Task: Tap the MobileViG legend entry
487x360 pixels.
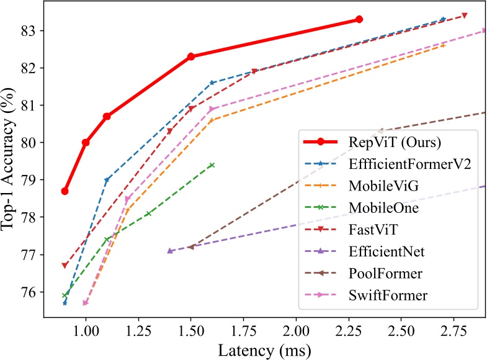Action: click(383, 186)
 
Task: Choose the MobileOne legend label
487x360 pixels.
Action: click(383, 208)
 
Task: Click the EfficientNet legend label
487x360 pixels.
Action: click(387, 251)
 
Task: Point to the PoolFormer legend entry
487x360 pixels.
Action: click(385, 274)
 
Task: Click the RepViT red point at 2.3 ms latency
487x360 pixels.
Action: click(359, 19)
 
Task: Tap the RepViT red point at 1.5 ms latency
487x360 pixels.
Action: click(190, 56)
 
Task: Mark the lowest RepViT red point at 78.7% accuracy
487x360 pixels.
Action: click(65, 191)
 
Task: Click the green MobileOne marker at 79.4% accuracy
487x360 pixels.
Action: click(212, 165)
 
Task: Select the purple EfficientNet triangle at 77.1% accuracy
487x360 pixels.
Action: click(170, 251)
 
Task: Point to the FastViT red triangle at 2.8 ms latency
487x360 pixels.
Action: click(464, 16)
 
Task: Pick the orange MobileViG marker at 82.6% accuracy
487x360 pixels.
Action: click(443, 45)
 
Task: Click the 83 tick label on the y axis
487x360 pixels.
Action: click(29, 30)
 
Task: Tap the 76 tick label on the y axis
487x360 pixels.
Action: click(29, 292)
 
